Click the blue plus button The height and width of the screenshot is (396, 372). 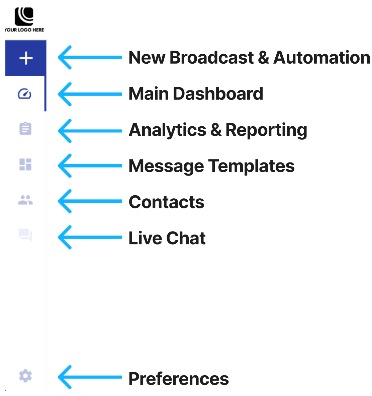coord(26,58)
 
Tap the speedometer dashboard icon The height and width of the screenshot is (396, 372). coord(24,94)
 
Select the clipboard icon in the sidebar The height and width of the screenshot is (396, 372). coord(25,129)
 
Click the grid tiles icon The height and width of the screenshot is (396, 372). coord(25,164)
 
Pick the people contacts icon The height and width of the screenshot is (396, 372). coord(25,200)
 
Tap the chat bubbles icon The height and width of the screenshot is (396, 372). coord(25,235)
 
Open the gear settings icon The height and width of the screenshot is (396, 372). coord(25,376)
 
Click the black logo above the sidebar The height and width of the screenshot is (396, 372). coord(24,16)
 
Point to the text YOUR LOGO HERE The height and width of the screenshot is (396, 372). coord(24,30)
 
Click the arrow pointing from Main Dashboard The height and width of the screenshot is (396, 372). coord(90,94)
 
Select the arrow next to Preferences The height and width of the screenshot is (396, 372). coord(90,377)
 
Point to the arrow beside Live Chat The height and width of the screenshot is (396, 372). coord(90,238)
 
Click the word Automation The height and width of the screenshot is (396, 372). coord(321,58)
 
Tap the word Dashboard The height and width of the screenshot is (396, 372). coord(218,94)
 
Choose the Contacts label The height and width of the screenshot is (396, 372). coord(167,202)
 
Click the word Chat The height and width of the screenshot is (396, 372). coord(186,238)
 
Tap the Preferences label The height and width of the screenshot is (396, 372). coord(179,379)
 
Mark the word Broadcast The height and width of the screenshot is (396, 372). coord(212,58)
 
